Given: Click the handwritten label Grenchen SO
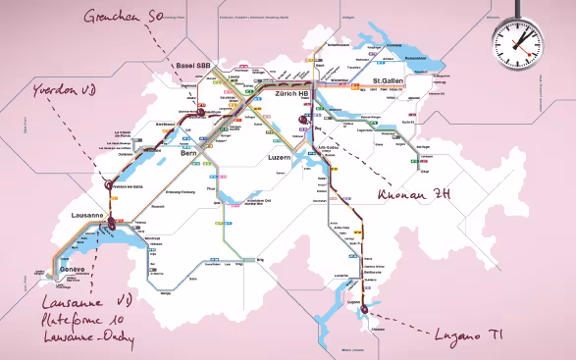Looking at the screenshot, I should click(122, 17).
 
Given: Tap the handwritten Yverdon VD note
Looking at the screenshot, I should click(67, 90).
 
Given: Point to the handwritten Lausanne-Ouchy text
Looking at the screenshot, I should click(91, 338).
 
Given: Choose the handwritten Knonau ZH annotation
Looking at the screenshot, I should click(414, 194).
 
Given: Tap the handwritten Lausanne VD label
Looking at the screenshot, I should click(86, 301).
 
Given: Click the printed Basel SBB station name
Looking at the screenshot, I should click(192, 67).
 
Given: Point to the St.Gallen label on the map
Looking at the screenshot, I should click(391, 83).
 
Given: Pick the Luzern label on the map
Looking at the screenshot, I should click(281, 157).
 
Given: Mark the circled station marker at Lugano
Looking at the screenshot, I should click(365, 310).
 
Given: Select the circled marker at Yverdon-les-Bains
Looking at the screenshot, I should click(107, 181).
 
